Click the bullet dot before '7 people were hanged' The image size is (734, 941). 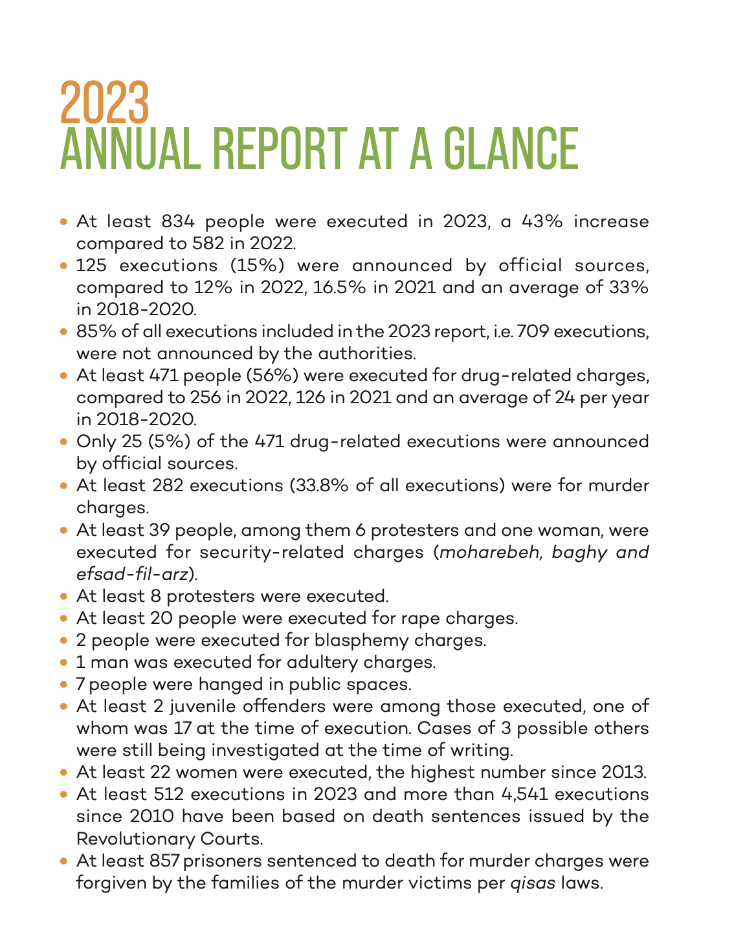click(x=63, y=684)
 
